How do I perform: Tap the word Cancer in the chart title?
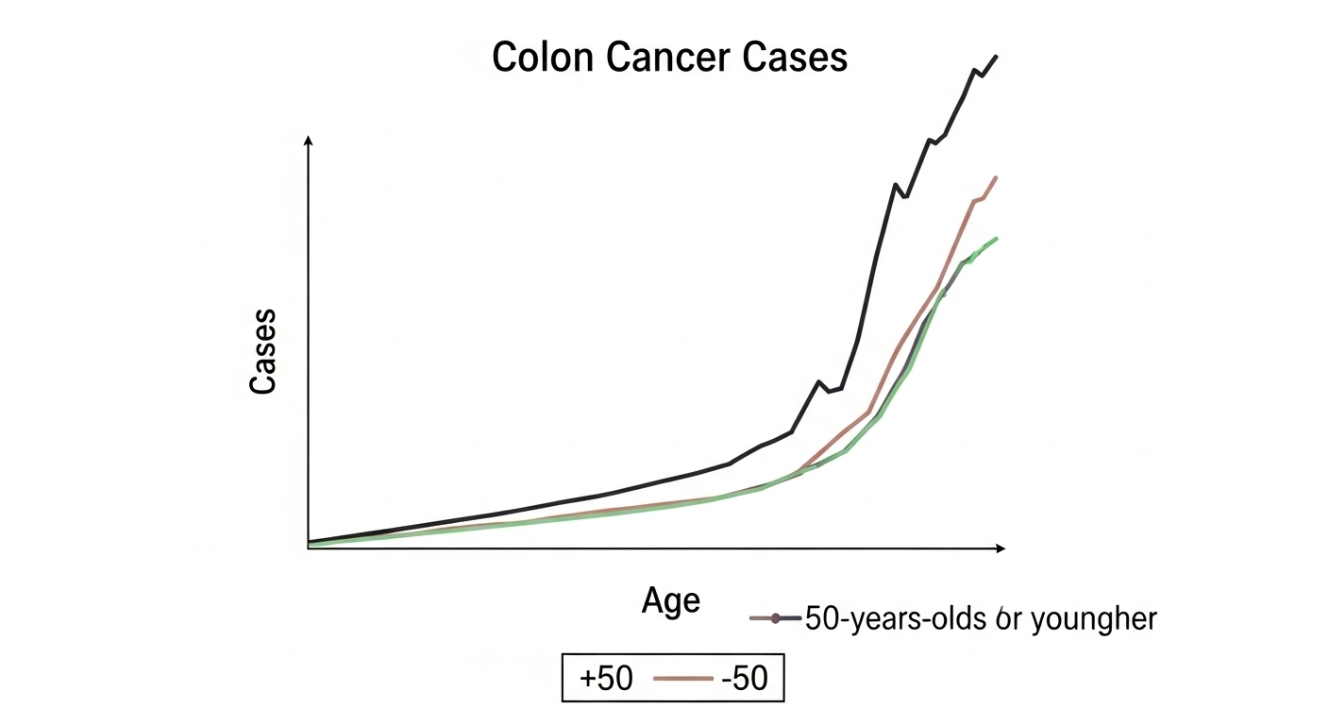click(x=667, y=59)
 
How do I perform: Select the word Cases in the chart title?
click(x=795, y=59)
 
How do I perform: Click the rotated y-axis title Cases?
click(x=263, y=351)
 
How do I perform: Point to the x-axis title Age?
click(x=671, y=600)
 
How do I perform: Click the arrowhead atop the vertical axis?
click(x=309, y=140)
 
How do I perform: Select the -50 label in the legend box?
click(x=744, y=678)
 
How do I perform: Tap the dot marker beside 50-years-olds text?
click(x=775, y=619)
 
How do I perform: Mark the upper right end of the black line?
click(x=997, y=57)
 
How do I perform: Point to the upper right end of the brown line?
click(x=997, y=177)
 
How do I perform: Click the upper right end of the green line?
click(x=997, y=238)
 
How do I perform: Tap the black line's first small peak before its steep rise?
click(x=818, y=381)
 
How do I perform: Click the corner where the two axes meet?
click(x=309, y=548)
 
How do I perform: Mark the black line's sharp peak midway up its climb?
click(x=894, y=184)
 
